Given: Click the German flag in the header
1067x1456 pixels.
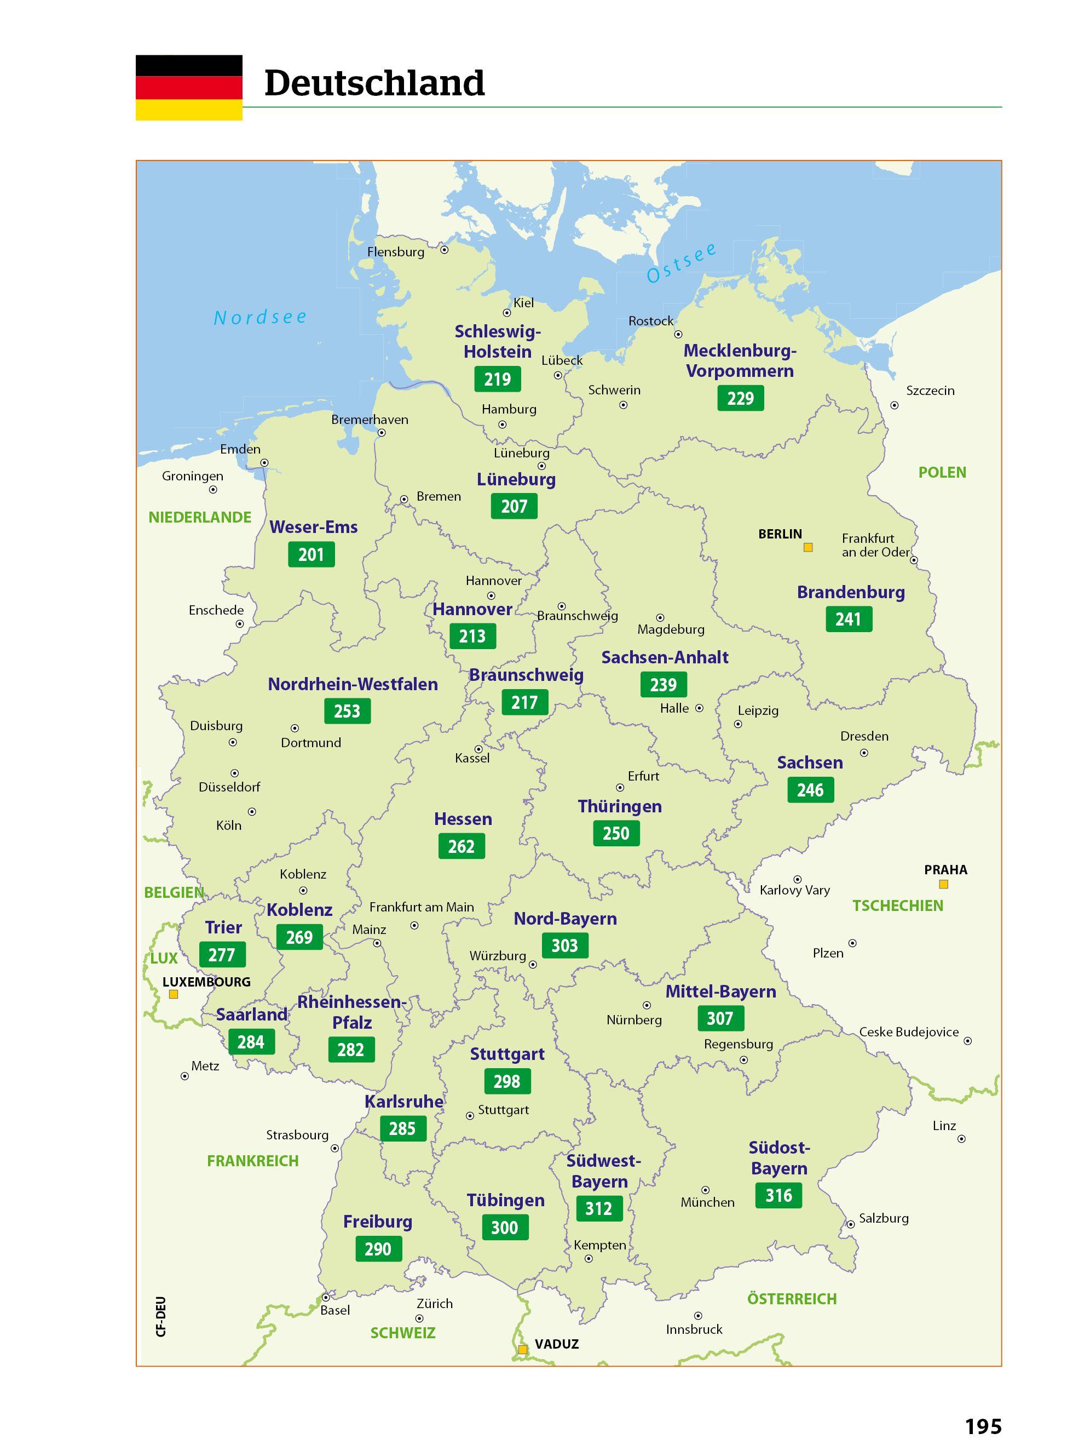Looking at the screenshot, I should tap(188, 87).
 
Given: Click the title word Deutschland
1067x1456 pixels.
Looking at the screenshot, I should tap(374, 83).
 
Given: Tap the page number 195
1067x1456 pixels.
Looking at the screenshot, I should tap(983, 1426).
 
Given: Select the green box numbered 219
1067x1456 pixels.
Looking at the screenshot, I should tap(497, 380).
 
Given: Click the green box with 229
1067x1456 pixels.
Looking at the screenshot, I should tap(740, 398).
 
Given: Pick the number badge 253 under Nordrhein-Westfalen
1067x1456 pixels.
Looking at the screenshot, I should tap(347, 711).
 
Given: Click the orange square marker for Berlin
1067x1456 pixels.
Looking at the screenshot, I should tap(808, 547).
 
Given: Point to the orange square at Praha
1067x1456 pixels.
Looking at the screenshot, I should tap(943, 884).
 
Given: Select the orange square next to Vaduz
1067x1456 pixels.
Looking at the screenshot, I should tap(522, 1349).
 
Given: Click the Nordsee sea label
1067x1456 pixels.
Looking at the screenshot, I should tap(260, 317).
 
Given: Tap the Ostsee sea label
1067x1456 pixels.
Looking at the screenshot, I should tap(682, 263).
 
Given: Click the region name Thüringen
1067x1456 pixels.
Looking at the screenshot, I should tap(619, 806).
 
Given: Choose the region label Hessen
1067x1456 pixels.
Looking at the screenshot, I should tap(463, 819).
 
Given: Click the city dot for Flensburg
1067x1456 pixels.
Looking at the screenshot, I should tap(445, 249).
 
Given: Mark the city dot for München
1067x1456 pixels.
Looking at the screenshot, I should tap(705, 1190).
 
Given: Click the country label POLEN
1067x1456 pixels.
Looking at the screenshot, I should tap(942, 472).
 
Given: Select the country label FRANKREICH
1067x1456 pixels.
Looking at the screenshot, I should tap(252, 1161).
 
